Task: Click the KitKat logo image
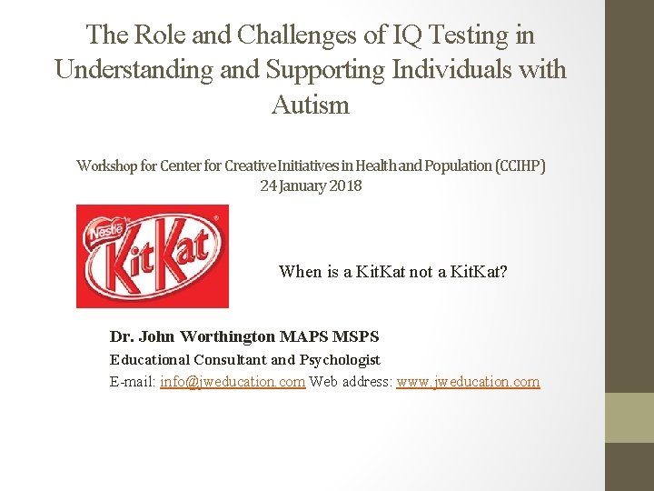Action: [152, 256]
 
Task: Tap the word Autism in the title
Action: [310, 105]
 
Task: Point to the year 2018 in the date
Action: [344, 185]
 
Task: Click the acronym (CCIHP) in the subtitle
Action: [520, 165]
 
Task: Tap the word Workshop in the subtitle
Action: [105, 165]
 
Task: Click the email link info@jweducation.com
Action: [233, 382]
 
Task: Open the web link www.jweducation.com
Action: [468, 382]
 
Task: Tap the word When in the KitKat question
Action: [300, 271]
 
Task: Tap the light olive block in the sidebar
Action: [629, 417]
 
